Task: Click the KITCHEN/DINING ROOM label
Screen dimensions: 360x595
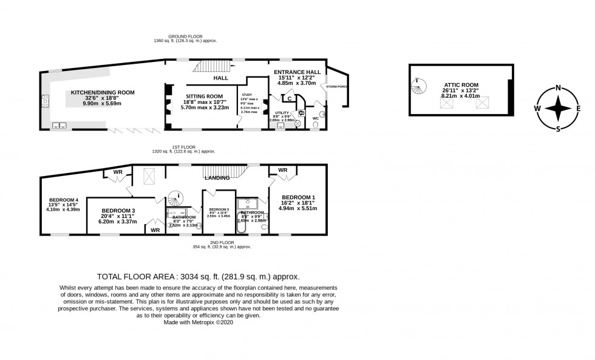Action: coord(103,92)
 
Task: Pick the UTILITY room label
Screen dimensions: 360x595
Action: coord(282,113)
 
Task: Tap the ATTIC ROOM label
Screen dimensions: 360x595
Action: coord(461,85)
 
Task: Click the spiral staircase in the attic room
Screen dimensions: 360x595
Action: coord(418,89)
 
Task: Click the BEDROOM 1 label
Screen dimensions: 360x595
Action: coord(298,197)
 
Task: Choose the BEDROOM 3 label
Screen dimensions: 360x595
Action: coord(118,211)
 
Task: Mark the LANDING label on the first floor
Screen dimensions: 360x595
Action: coord(217,178)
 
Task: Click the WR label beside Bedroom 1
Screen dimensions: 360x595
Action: coord(283,170)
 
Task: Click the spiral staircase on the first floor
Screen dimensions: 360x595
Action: coord(175,199)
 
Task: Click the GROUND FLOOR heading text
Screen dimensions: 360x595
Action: coord(185,37)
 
